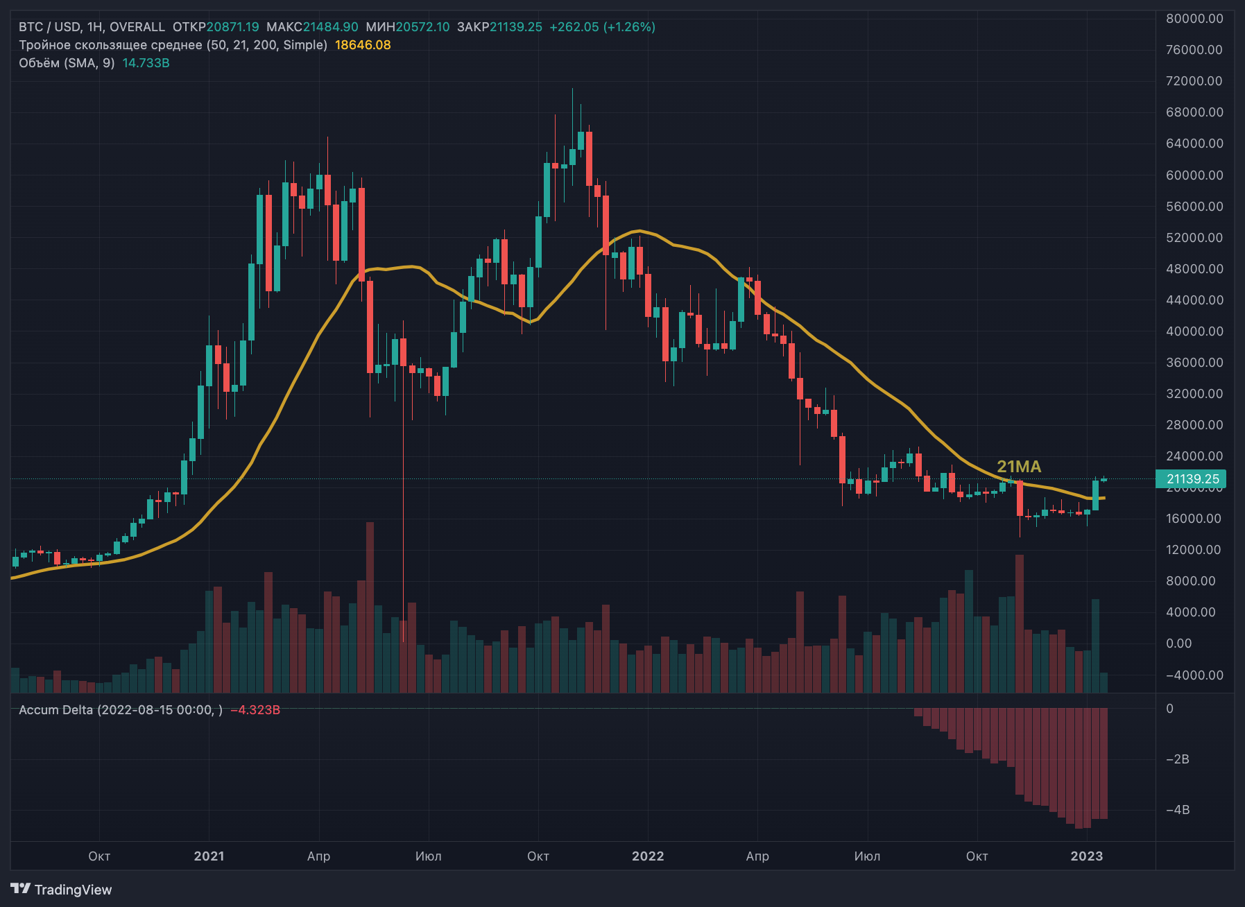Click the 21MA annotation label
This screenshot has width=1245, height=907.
(1018, 467)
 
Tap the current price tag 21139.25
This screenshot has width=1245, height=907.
(1191, 478)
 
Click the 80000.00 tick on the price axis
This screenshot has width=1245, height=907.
(1194, 19)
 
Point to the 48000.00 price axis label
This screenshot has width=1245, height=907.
(1194, 269)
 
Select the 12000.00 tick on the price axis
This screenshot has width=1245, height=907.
(1194, 550)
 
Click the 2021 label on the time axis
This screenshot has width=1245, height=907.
(209, 856)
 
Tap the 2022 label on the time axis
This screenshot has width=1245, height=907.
(648, 856)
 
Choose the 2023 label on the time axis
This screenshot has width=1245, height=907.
(1086, 856)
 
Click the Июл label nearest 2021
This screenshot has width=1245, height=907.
(428, 856)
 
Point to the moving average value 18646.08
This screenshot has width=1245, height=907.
(363, 45)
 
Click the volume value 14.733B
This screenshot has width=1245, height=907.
(146, 63)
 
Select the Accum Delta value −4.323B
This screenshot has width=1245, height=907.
(255, 710)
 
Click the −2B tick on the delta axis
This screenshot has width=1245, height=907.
(1177, 759)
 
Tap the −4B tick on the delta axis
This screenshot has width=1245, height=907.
(1177, 810)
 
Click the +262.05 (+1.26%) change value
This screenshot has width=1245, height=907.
(602, 27)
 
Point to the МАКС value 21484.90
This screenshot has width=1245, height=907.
(331, 27)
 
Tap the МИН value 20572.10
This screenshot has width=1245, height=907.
(422, 27)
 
